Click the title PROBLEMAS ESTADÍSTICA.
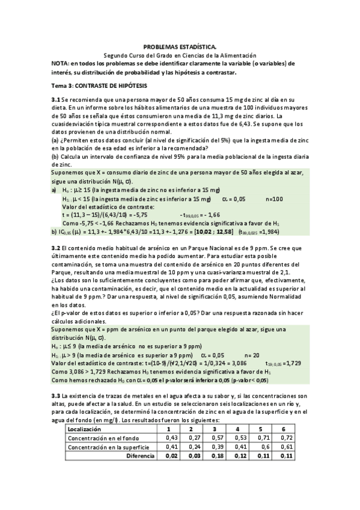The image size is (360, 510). (x=180, y=46)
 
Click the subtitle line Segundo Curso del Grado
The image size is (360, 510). (x=180, y=54)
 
